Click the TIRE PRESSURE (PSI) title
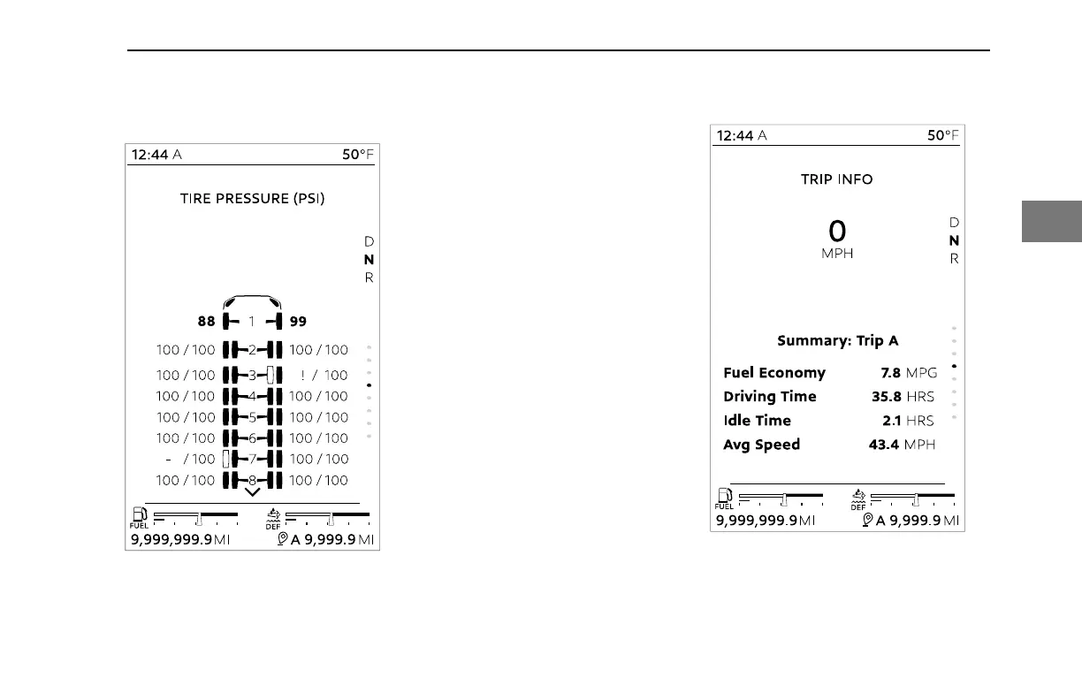pos(252,199)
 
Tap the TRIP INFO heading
pos(836,179)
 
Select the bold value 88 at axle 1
pos(206,322)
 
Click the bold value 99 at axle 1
pos(298,322)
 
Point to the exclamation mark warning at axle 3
pos(303,375)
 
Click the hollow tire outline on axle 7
pos(226,459)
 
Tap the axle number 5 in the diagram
pos(252,417)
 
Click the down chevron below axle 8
pos(252,491)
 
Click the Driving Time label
pos(770,397)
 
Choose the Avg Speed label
pos(761,445)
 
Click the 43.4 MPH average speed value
pos(902,445)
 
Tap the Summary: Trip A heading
pos(837,340)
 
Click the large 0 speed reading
pos(836,232)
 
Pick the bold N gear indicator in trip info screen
pos(954,240)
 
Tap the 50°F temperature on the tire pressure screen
pos(358,155)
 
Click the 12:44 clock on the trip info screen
pos(735,135)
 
